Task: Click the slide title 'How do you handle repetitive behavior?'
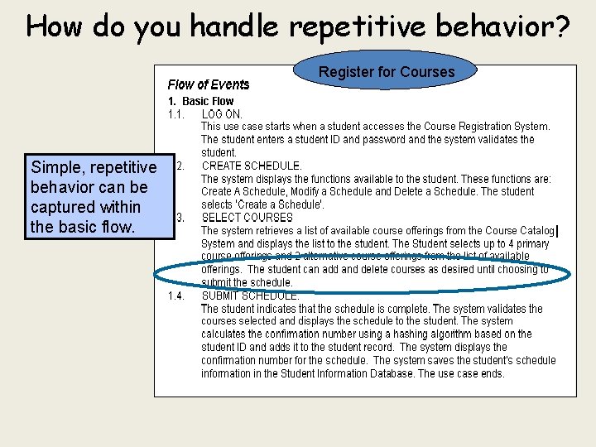[x=298, y=26]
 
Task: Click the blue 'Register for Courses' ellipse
[x=387, y=72]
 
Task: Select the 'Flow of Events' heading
[x=208, y=84]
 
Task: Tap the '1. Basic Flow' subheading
[x=201, y=101]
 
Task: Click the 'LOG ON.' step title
[x=222, y=114]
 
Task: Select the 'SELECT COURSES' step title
[x=247, y=218]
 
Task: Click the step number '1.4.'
[x=177, y=296]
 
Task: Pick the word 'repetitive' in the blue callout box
[x=123, y=168]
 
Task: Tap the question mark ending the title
[x=561, y=26]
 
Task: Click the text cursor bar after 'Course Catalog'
[x=559, y=231]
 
